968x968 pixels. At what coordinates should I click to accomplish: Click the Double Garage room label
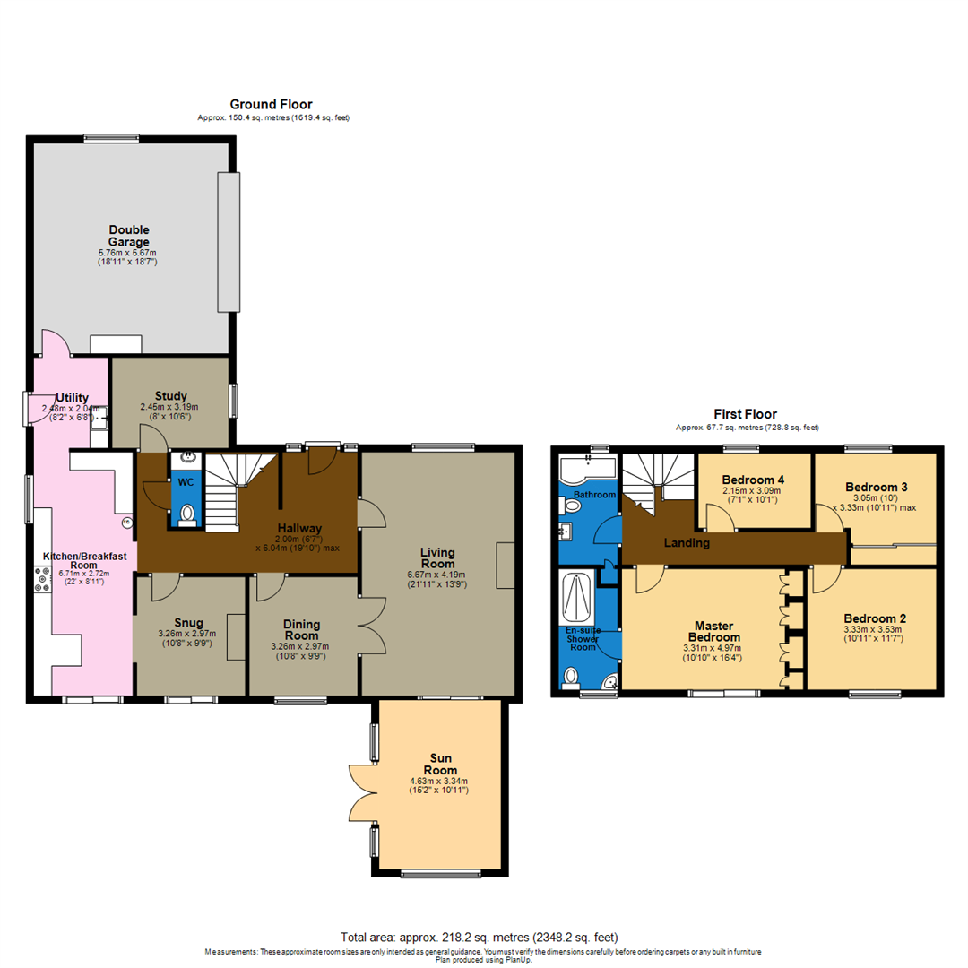click(x=130, y=236)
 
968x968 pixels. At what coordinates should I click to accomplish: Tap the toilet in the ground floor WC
click(x=187, y=514)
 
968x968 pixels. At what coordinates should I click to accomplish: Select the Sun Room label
click(x=440, y=764)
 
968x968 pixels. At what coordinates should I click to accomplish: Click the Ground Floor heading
click(x=271, y=105)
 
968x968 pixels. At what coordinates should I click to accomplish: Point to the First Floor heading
click(x=745, y=414)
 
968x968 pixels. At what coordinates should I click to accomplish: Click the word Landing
click(x=687, y=542)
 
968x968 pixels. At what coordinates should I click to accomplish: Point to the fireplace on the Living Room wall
click(x=506, y=566)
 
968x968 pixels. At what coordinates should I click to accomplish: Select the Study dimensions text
click(x=169, y=410)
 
